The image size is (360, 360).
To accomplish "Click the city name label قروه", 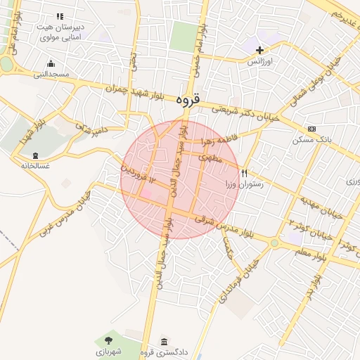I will coord(188,101).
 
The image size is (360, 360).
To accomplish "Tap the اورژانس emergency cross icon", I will coord(260,50).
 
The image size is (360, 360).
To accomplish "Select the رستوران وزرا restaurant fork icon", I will coord(245,172).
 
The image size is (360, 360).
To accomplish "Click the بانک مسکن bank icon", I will coord(311,129).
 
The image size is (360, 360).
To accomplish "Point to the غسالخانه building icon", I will coord(35,155).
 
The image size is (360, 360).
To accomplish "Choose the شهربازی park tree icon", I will coord(108,341).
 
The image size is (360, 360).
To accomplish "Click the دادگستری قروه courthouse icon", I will coord(164,341).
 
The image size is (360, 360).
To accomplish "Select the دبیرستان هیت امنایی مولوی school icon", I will coord(60,15).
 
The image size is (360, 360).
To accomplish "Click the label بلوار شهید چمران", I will coord(138,92).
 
